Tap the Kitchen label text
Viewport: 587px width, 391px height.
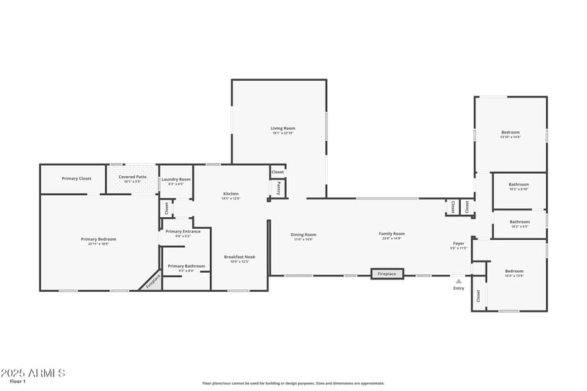[x=230, y=194]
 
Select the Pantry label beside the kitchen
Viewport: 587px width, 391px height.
[x=279, y=188]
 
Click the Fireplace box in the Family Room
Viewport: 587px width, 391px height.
[x=387, y=274]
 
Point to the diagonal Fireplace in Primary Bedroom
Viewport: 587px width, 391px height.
[x=152, y=281]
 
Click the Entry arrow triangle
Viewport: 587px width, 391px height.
[x=459, y=280]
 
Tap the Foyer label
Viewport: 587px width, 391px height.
[x=459, y=244]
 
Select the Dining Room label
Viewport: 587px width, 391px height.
[x=304, y=234]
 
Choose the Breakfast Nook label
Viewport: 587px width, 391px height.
[x=239, y=257]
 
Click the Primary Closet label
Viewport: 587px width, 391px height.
[x=76, y=178]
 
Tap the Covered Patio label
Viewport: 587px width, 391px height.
[x=133, y=176]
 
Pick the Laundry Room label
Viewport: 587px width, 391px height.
[x=176, y=179]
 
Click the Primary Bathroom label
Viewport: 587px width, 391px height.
[x=186, y=266]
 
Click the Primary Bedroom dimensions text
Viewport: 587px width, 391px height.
[x=98, y=244]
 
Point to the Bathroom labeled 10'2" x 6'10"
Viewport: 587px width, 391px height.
[x=519, y=184]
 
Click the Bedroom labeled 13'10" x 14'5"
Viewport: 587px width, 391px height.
[x=510, y=132]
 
